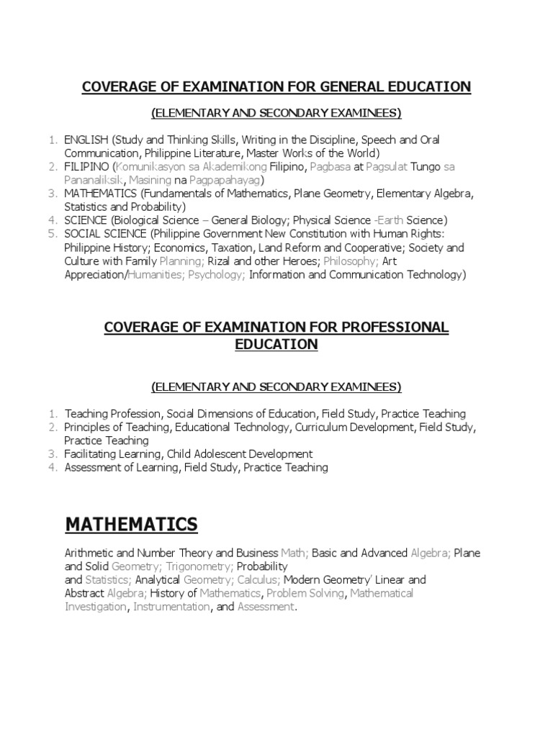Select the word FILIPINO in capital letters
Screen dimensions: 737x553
[x=84, y=167]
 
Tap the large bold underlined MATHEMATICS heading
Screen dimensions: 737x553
[x=131, y=525]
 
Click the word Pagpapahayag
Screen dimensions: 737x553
[x=232, y=180]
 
